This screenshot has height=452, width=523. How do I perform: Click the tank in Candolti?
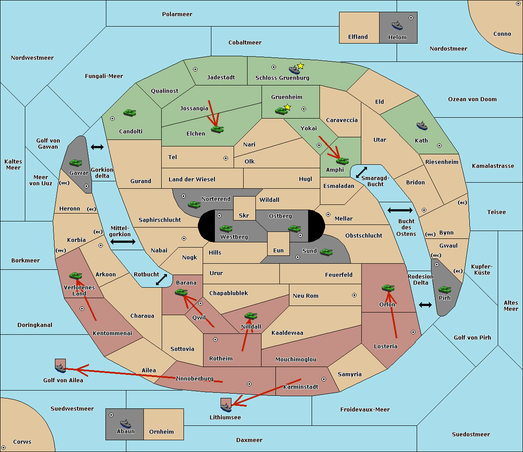[x=129, y=112]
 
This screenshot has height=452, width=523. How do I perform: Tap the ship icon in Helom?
[x=397, y=25]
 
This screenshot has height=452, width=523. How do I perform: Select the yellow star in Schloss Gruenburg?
[x=300, y=66]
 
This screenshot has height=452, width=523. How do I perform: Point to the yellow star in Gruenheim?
[x=287, y=107]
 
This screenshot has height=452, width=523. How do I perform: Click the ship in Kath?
[x=422, y=126]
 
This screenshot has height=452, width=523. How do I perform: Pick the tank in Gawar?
[x=76, y=163]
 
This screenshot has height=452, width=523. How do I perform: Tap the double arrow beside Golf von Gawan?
[x=97, y=147]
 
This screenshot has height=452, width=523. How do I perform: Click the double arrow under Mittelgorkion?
[x=123, y=241]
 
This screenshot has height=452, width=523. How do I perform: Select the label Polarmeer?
[x=177, y=14]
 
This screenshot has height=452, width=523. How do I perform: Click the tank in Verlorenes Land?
[x=75, y=275]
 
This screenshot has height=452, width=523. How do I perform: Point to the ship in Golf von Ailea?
[x=60, y=368]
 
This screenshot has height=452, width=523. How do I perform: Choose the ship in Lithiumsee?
[x=226, y=407]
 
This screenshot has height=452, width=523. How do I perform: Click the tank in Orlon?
[x=388, y=288]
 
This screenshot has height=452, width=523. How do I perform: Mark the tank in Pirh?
[x=445, y=289]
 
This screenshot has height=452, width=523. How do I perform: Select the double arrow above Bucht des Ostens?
[x=400, y=211]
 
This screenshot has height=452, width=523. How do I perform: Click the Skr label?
[x=244, y=216]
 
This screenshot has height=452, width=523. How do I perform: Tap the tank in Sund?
[x=326, y=252]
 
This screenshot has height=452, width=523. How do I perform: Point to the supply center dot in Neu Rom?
[x=354, y=295]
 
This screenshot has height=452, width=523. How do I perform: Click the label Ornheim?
[x=161, y=432]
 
